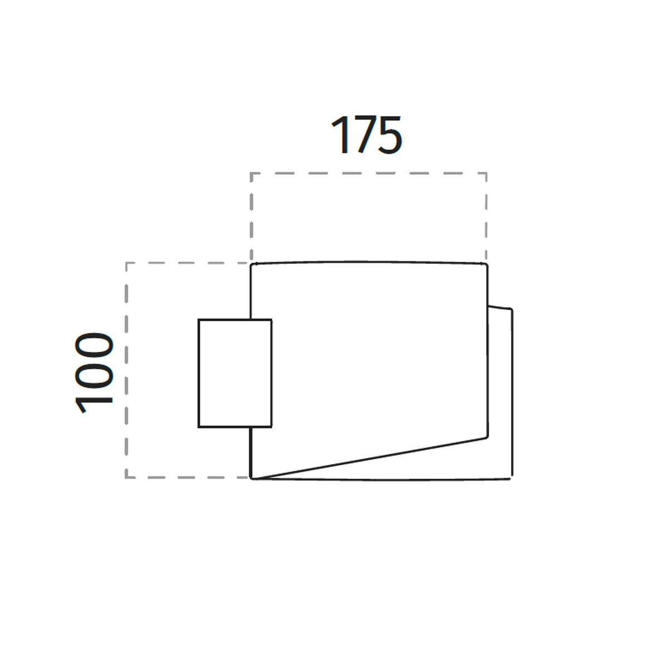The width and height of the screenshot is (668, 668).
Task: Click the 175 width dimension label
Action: click(x=367, y=135)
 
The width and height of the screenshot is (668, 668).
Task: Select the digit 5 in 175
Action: click(x=390, y=135)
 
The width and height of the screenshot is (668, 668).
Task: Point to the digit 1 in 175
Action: click(x=341, y=135)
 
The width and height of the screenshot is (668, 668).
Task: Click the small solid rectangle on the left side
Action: click(x=235, y=373)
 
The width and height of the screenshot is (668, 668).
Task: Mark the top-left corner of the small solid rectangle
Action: click(x=199, y=320)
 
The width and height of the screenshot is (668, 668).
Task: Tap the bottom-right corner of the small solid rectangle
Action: click(x=272, y=427)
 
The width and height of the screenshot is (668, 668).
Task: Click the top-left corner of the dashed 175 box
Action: click(x=251, y=173)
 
